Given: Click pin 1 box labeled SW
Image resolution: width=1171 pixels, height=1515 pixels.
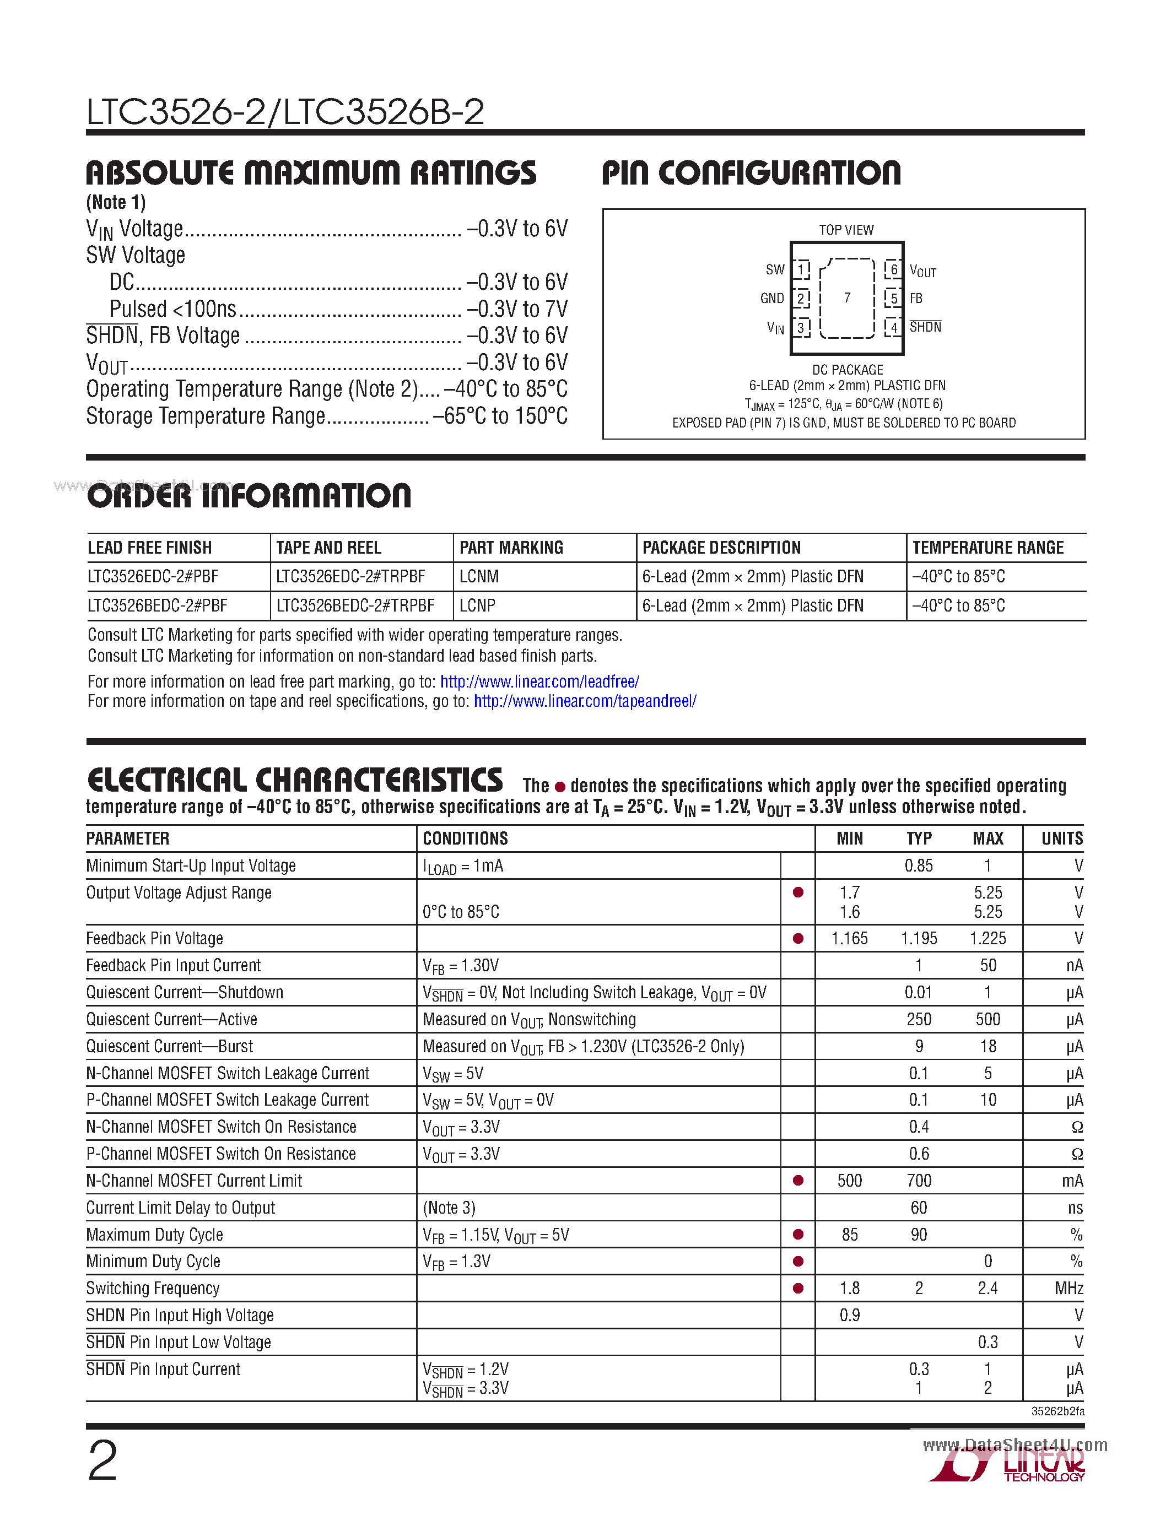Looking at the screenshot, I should pos(801,269).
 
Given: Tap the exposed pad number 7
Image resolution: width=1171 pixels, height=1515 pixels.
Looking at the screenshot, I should pos(847,297).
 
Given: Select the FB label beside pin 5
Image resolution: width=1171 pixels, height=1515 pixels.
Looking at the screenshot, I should pos(916,298).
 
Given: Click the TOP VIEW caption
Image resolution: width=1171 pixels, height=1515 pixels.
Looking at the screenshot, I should pos(846,230).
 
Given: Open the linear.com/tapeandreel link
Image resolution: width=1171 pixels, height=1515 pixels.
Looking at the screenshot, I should pos(585,701).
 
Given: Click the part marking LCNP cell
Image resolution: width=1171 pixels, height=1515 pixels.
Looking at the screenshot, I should pos(477,605).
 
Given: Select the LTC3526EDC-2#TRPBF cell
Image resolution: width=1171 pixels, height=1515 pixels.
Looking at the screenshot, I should pos(350,576).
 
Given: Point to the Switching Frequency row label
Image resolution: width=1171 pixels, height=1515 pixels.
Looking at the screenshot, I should pos(153,1288).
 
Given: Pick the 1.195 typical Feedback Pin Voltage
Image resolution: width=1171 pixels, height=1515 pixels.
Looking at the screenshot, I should pos(919,939).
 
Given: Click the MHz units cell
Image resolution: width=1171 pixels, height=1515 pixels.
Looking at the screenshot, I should pos(1069,1288).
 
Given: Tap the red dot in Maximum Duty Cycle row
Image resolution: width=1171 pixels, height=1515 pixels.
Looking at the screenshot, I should pos(798,1234).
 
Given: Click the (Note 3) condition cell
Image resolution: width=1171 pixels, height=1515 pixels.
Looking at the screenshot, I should pos(449,1208).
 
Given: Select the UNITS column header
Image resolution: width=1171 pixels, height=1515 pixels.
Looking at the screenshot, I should pos(1061,838).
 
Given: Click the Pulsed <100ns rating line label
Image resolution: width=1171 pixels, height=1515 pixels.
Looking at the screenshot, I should pos(172,309).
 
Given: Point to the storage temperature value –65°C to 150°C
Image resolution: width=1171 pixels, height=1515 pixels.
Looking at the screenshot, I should pos(499,415).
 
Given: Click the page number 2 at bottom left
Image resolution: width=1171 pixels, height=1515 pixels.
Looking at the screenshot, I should pos(102,1460).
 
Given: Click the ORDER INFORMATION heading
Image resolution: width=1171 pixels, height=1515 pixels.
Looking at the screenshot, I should pos(249,496).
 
